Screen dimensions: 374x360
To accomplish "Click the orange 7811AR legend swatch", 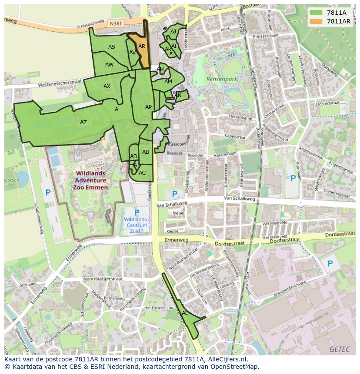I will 316,21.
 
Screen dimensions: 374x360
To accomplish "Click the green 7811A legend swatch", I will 316,13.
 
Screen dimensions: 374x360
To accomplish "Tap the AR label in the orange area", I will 141,46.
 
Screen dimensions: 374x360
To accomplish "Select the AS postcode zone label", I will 112,47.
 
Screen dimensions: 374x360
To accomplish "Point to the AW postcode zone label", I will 109,65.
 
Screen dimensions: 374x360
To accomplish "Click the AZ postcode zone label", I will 83,122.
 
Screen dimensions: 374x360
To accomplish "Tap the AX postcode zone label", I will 107,86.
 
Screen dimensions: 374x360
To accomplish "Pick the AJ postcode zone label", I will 173,32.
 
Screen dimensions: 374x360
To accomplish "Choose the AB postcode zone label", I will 146,152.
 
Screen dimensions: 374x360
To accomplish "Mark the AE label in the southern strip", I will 185,313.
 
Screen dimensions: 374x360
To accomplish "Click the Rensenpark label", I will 222,79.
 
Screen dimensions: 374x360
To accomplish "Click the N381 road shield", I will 116,24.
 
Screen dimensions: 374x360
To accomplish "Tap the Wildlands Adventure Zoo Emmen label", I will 90,180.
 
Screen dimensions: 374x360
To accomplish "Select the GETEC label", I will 339,349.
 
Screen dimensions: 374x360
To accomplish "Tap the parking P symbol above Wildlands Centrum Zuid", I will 137,212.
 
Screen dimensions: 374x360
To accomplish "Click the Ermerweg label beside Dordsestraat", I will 175,240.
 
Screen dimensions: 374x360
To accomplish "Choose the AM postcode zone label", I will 168,82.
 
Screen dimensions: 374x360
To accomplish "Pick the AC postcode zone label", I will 142,172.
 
